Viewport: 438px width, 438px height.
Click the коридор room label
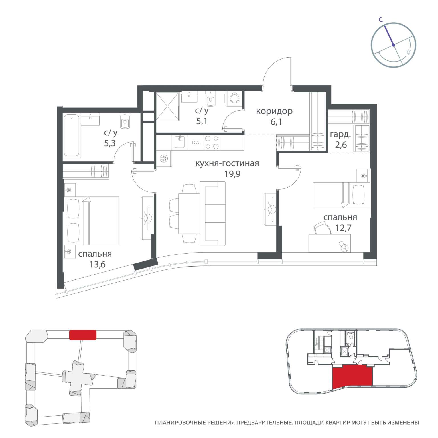274,111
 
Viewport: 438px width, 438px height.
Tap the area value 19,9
232,174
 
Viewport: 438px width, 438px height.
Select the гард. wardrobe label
340,135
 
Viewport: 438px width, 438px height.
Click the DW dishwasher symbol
196,143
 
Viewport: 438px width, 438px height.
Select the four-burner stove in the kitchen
212,143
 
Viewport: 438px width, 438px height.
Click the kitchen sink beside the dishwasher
180,142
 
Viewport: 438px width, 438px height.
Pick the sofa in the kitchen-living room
212,214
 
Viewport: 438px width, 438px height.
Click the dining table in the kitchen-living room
189,214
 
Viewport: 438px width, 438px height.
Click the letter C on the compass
380,19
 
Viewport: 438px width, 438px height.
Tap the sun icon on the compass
409,52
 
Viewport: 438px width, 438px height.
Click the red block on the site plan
83,335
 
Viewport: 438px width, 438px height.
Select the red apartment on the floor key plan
352,377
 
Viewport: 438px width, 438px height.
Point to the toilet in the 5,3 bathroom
125,121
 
